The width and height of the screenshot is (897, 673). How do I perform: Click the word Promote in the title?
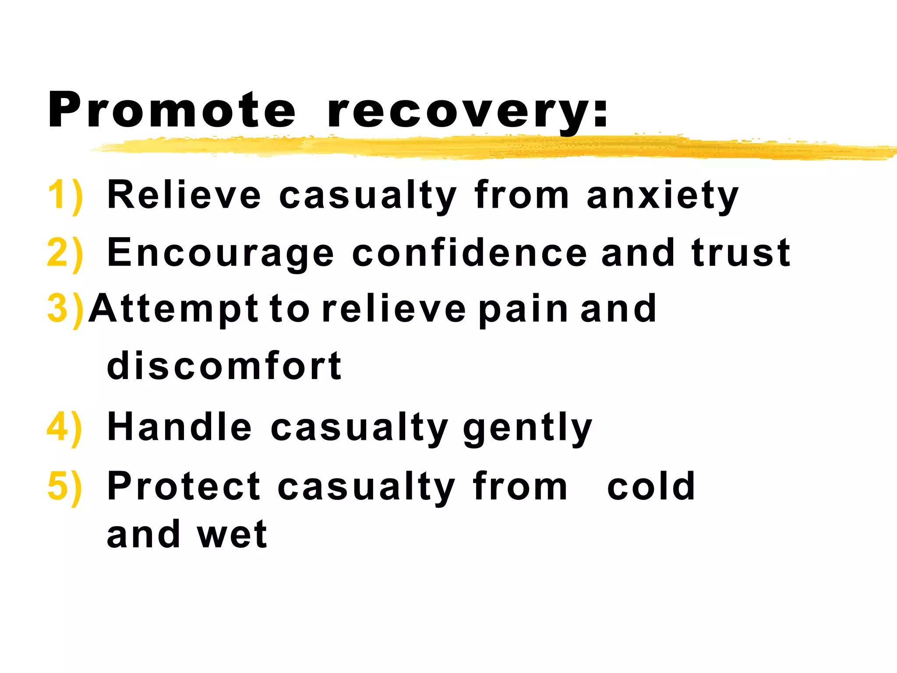pos(172,110)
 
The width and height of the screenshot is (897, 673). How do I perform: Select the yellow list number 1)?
pos(65,195)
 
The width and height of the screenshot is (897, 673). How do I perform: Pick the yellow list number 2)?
pos(65,253)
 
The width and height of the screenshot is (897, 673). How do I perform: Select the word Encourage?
pos(220,253)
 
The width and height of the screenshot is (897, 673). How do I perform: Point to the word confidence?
pos(469,253)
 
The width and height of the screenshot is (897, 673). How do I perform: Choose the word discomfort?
pos(224,366)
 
